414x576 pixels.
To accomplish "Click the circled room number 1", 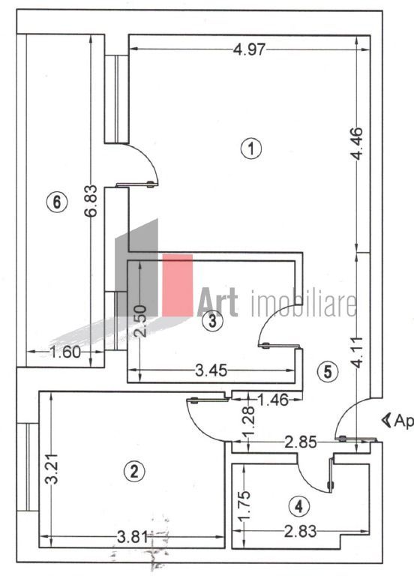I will [x=251, y=148].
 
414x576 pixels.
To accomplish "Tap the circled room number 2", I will [x=133, y=471].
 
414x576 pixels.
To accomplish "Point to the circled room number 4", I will [x=299, y=506].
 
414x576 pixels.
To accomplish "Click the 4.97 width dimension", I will [x=248, y=50].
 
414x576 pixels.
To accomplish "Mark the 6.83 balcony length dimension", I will [x=91, y=201].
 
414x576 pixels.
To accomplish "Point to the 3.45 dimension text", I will [x=212, y=369].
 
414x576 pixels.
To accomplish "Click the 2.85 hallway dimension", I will [x=301, y=443].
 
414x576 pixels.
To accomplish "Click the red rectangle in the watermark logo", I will [x=178, y=284].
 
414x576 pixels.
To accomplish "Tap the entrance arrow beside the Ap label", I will [x=386, y=419].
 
